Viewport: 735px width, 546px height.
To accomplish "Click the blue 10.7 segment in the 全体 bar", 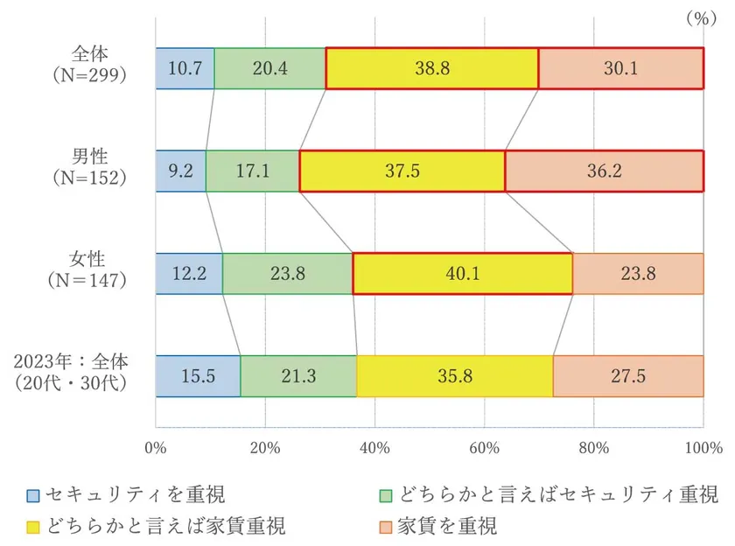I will (x=185, y=68).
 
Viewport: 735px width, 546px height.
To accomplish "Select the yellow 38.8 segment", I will (x=431, y=68).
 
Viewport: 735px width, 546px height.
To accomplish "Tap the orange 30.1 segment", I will (x=620, y=68).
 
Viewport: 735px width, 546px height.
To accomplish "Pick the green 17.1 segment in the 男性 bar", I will (x=252, y=171).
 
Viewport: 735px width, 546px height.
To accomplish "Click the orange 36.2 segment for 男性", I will (x=604, y=171).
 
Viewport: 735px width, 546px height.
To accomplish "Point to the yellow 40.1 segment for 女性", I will (x=463, y=273).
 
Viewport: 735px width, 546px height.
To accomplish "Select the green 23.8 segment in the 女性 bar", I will (x=287, y=273).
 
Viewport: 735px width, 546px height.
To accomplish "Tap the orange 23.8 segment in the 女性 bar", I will (x=638, y=273).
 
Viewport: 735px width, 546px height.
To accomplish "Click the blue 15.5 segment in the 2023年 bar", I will (x=198, y=376).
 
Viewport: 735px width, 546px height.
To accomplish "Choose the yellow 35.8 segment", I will (x=454, y=376).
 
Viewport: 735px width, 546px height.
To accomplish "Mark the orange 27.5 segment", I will (x=627, y=376).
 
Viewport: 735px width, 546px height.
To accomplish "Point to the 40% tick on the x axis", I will (x=374, y=448).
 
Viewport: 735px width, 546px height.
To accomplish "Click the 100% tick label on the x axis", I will (x=703, y=448).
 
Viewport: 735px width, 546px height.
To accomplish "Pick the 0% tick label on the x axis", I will (x=156, y=448).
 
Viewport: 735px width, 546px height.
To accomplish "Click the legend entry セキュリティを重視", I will (x=127, y=495).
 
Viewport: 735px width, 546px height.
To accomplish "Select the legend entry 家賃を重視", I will (x=437, y=526).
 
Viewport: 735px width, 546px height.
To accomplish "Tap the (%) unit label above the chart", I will (x=700, y=17).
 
